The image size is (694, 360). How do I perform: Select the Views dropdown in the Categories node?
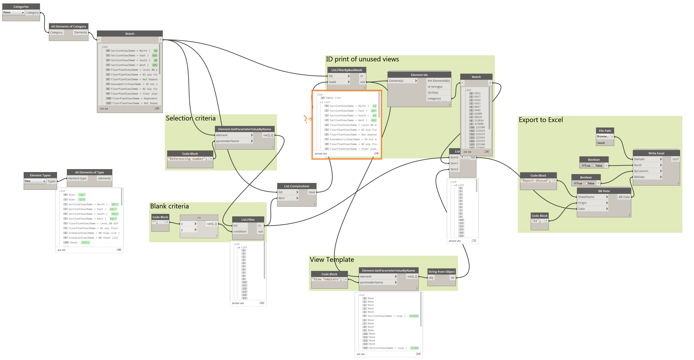[13, 12]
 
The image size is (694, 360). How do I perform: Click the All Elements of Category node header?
[68, 26]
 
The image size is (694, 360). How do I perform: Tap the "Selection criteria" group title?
[191, 118]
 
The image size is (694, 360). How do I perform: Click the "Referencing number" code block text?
[188, 159]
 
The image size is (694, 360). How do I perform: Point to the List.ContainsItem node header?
[296, 186]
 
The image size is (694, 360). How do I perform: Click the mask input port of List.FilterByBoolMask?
[332, 82]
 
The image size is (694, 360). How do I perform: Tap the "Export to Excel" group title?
[541, 120]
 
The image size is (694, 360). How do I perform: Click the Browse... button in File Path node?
[603, 137]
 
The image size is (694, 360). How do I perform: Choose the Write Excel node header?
[656, 153]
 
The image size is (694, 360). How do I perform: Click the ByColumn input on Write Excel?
[641, 171]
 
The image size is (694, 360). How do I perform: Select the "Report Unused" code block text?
[536, 181]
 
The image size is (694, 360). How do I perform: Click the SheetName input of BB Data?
[586, 197]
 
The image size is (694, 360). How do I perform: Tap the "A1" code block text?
[536, 221]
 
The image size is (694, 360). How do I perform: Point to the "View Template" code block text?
[327, 279]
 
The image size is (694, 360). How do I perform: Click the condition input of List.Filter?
[239, 231]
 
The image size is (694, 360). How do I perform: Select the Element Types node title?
[40, 175]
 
